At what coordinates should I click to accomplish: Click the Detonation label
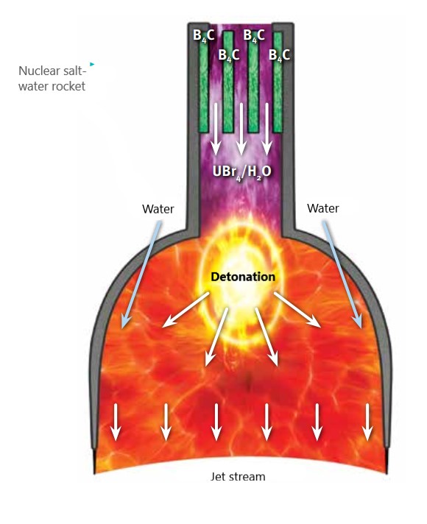243,277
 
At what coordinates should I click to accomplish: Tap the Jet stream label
238,477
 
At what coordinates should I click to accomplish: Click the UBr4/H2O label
241,172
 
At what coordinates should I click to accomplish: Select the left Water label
158,209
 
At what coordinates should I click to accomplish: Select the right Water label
323,208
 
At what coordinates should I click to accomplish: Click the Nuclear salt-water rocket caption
52,79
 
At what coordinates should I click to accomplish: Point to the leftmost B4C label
204,35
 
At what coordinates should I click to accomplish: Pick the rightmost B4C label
279,55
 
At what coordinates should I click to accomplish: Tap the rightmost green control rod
278,82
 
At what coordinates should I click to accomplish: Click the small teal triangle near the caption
92,64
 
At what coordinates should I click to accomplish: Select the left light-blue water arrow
141,275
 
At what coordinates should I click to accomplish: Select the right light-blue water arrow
342,275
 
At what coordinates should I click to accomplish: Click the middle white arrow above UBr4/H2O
241,129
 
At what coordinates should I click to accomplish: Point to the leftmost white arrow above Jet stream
116,422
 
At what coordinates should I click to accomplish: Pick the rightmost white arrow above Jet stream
367,422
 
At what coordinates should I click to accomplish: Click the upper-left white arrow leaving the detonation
186,310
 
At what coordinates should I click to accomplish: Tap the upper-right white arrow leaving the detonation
297,310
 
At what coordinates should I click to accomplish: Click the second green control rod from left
228,82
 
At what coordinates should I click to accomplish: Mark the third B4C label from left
254,35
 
